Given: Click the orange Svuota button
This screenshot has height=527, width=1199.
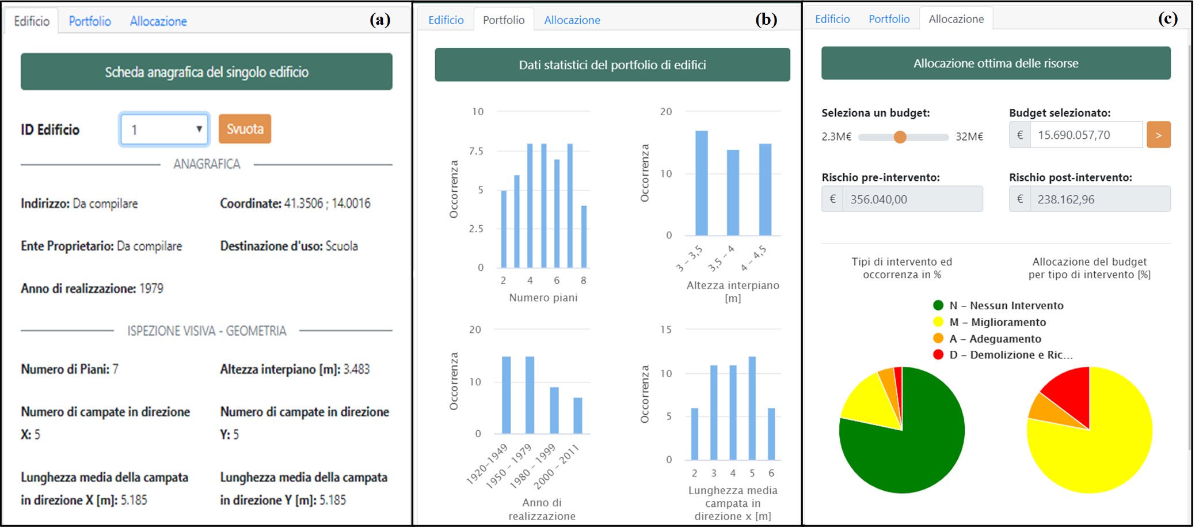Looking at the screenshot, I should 245,129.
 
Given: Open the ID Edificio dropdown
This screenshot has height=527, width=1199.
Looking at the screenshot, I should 165,130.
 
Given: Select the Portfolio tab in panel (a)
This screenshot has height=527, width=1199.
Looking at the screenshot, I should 90,21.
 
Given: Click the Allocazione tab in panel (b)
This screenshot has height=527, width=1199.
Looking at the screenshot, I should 572,20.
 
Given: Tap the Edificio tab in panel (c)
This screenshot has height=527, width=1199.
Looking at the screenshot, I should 832,19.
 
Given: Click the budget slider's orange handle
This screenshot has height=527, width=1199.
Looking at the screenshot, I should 900,137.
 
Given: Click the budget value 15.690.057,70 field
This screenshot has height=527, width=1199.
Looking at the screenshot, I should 1086,135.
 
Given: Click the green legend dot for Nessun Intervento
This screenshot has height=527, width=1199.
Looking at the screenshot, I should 938,306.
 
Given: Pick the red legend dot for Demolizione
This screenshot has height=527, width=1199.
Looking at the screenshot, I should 938,355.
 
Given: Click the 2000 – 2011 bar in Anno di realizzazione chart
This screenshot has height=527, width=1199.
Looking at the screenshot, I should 578,415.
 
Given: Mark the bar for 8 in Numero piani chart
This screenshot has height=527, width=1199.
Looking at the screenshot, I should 584,237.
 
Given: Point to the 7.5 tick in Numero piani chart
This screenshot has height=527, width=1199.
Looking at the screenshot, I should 476,151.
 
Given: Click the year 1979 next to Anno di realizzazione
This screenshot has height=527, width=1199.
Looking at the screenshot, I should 151,289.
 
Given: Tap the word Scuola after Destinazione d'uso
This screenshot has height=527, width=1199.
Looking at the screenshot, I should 342,246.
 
